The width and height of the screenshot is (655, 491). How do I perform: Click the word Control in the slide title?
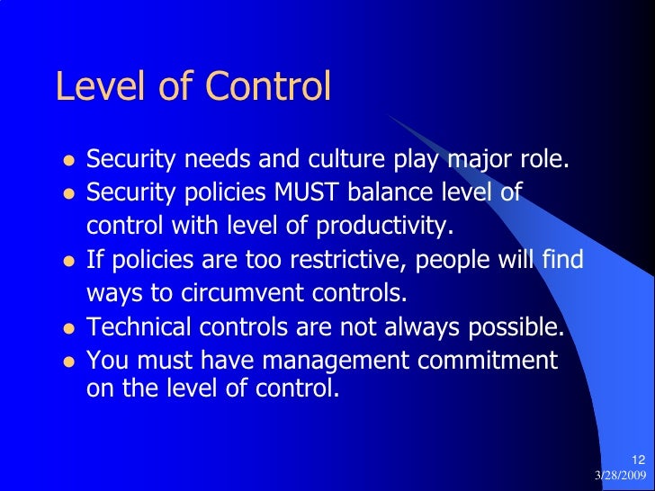pyautogui.click(x=269, y=87)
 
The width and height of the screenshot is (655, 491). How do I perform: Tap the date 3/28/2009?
pyautogui.click(x=620, y=475)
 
